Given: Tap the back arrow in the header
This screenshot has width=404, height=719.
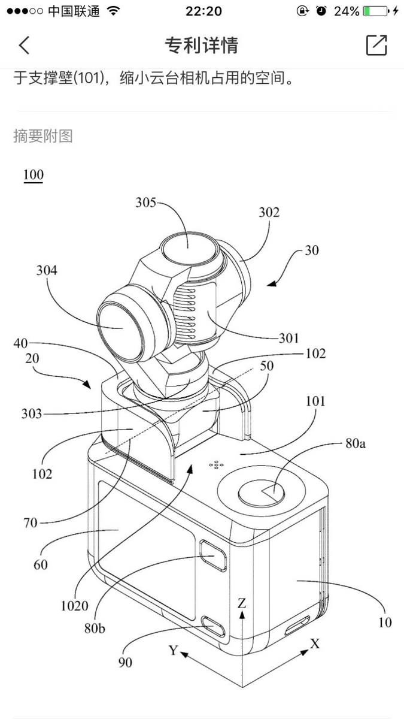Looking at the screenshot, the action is click(25, 45).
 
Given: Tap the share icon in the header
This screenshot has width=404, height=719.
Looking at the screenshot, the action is click(376, 44).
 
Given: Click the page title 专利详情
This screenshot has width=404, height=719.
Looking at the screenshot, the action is click(202, 45).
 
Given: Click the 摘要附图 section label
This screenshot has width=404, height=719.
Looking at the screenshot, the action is click(43, 136).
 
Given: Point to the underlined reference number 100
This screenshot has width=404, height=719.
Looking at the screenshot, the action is click(34, 175).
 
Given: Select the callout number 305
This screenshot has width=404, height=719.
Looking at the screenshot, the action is click(146, 203).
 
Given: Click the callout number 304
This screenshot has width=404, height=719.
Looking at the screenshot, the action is click(47, 270).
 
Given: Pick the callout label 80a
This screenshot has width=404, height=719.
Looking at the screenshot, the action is click(356, 443).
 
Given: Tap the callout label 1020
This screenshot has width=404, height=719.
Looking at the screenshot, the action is click(75, 606).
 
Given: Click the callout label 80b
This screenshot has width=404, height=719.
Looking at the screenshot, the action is click(95, 628).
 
